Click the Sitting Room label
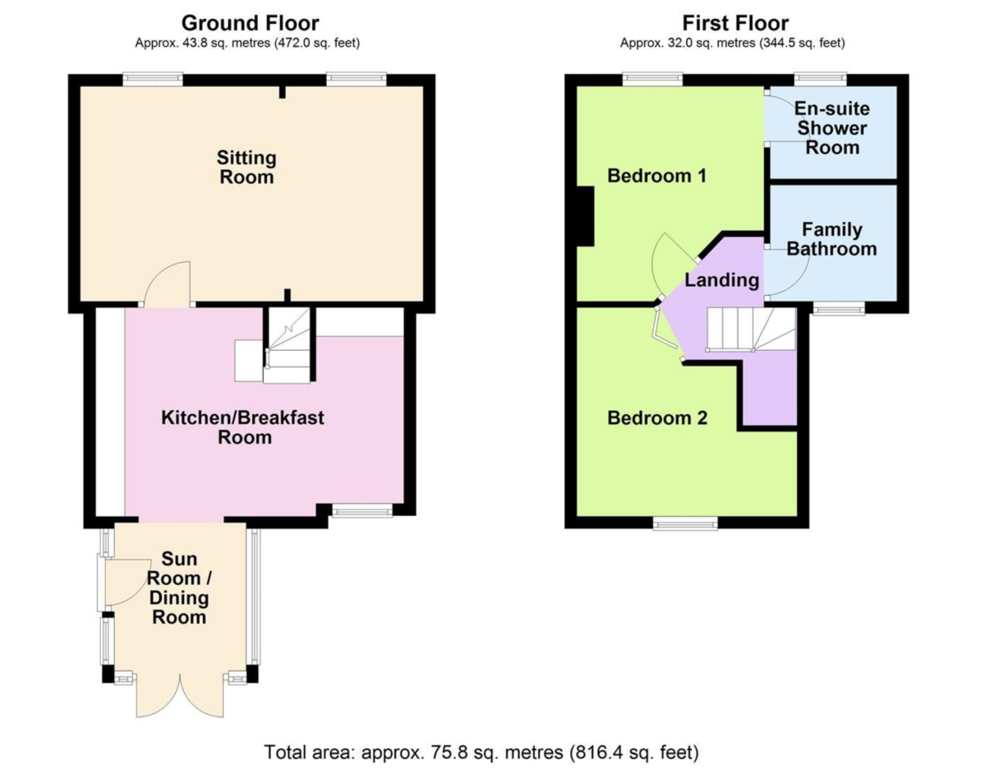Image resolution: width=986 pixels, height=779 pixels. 246,167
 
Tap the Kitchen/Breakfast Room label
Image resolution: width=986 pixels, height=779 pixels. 242,427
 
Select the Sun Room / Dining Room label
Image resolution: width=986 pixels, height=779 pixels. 178,588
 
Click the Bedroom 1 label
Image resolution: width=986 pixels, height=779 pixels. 657,176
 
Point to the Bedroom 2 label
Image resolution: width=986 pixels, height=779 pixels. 657,418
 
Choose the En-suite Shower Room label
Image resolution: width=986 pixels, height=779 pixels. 832,129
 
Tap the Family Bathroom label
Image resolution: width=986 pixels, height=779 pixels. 832,239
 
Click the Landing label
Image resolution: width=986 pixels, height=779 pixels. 721,280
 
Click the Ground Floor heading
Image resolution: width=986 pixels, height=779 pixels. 250,22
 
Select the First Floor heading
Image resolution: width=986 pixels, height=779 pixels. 735,22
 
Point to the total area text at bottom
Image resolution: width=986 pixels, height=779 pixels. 481,751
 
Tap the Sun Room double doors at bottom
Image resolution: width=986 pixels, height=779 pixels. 180,695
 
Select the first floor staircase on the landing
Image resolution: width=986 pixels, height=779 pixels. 751,330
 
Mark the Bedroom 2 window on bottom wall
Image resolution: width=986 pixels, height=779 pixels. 685,523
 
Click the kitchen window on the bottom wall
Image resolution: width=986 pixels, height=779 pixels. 362,512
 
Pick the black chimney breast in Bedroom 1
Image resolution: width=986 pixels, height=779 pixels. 585,215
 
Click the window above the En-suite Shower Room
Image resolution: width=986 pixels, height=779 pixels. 820,78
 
